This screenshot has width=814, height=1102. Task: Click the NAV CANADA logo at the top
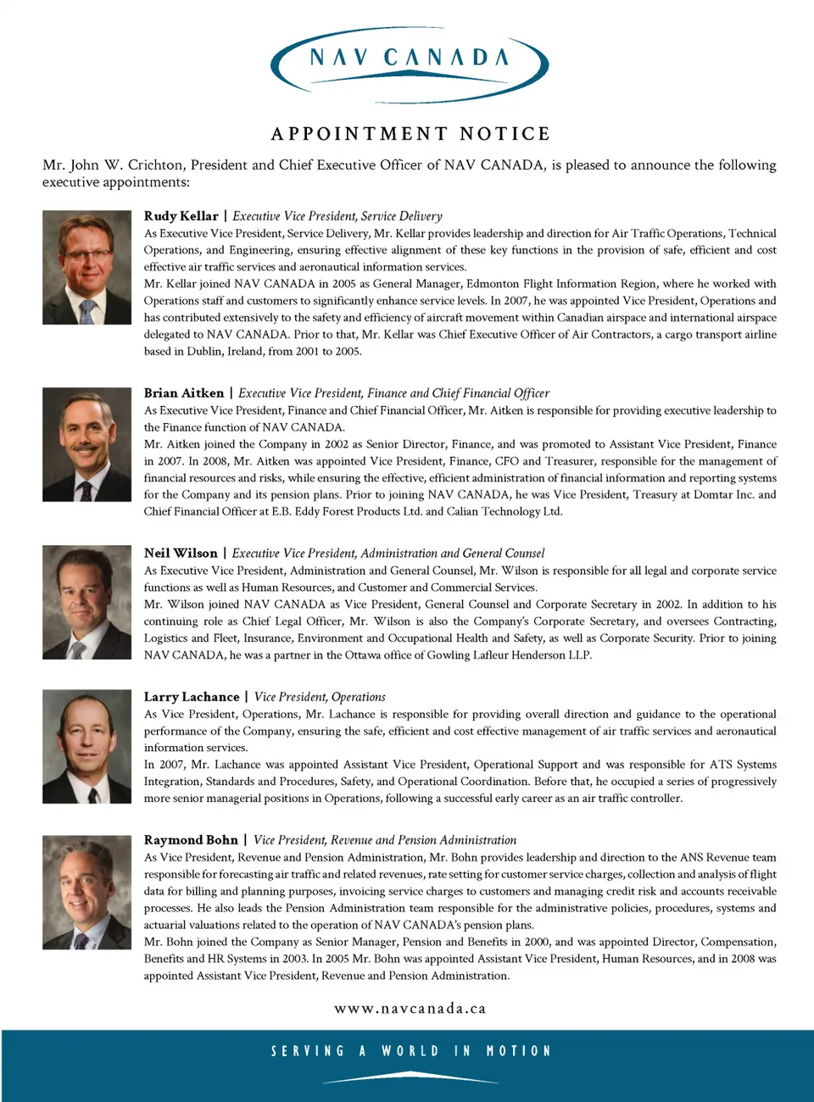[x=410, y=61]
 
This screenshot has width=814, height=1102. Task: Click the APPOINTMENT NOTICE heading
[x=410, y=134]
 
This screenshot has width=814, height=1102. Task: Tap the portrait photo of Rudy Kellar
[x=86, y=268]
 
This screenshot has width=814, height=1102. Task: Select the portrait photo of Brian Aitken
[x=86, y=444]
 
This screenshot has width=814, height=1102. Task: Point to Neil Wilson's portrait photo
[x=86, y=603]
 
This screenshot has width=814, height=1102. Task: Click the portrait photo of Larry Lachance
[x=86, y=746]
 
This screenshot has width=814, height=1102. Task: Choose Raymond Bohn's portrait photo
[x=86, y=892]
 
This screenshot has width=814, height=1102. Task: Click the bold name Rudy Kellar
[x=181, y=216]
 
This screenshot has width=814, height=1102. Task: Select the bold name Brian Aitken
[x=184, y=393]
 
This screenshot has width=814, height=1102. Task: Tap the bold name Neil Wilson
[x=181, y=554]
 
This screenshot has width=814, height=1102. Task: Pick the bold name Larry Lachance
[x=192, y=697]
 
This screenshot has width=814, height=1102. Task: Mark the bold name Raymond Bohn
[x=191, y=840]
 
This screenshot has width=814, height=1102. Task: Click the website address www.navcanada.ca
[x=410, y=1009]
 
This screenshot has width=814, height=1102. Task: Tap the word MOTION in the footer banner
[x=518, y=1051]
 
